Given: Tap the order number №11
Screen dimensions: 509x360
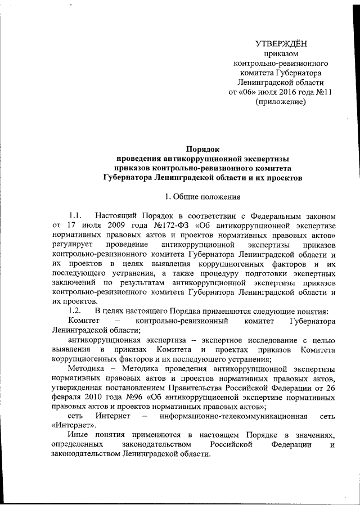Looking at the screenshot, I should pyautogui.click(x=321, y=91).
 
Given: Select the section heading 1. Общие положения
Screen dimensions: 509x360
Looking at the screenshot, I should pyautogui.click(x=202, y=197).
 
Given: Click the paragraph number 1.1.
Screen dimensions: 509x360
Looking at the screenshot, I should pyautogui.click(x=75, y=216).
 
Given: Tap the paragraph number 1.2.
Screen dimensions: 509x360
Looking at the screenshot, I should pyautogui.click(x=75, y=312).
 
